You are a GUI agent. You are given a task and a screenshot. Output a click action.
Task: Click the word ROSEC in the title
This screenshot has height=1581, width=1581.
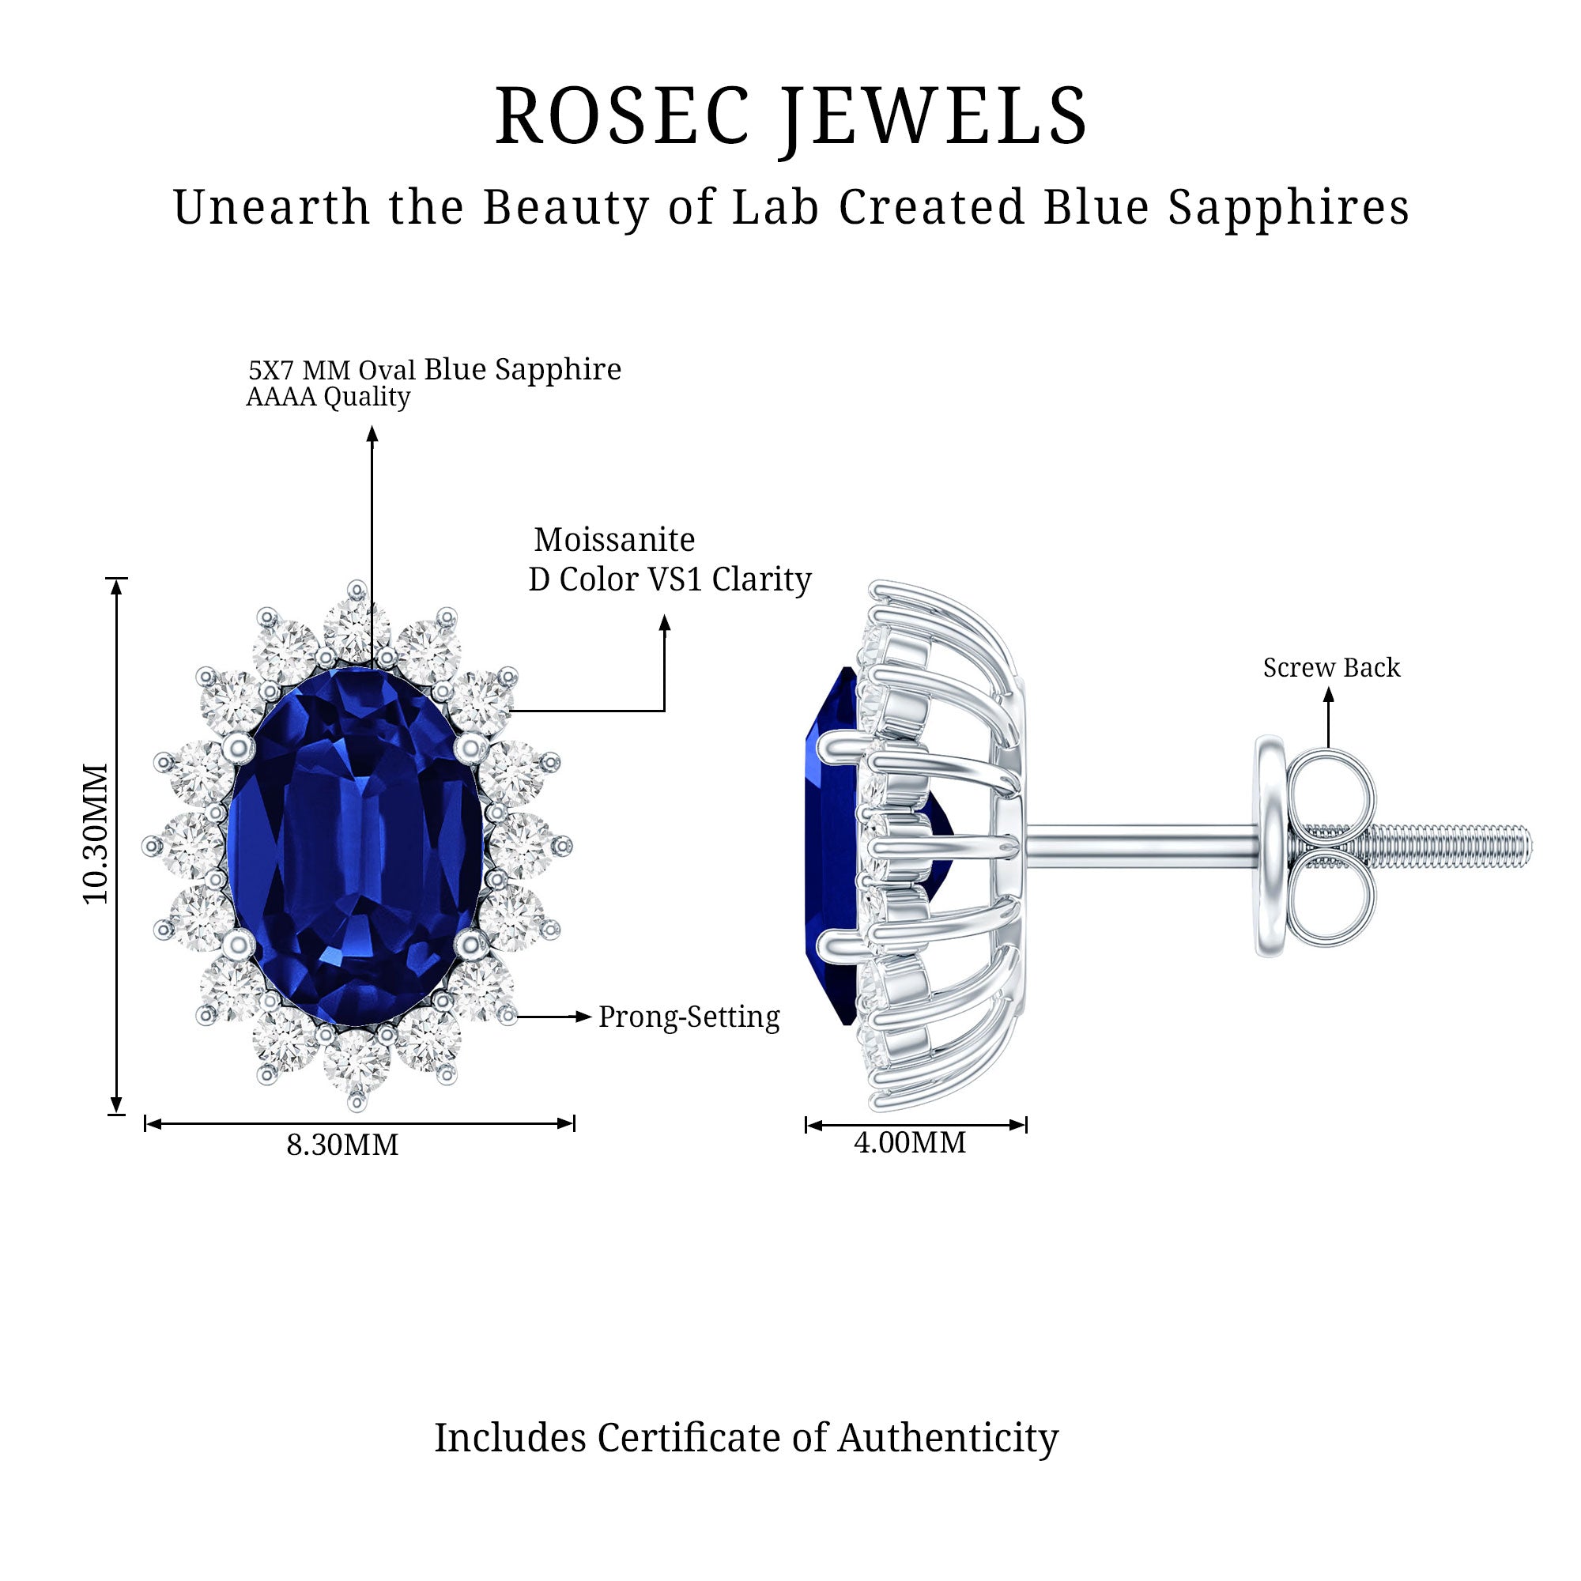tap(622, 116)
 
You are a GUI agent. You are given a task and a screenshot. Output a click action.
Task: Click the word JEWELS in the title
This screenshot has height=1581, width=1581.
tap(934, 119)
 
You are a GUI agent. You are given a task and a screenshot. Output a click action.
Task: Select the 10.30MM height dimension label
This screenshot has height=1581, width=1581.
tap(96, 834)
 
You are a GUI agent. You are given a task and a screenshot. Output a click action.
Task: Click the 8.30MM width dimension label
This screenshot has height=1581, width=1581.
tap(342, 1145)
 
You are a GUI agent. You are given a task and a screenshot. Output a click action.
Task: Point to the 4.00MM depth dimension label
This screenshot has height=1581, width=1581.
tap(909, 1142)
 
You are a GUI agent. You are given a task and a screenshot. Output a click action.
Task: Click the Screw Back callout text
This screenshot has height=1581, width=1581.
tap(1331, 668)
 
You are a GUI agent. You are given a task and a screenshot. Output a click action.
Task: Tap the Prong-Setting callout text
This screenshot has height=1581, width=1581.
tap(689, 1017)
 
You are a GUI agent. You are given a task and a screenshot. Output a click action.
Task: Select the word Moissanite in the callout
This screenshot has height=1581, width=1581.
tap(614, 540)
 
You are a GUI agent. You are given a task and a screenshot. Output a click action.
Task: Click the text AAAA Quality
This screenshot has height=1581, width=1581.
tap(328, 397)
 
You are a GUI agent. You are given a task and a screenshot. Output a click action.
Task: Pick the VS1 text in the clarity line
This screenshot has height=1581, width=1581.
tap(675, 579)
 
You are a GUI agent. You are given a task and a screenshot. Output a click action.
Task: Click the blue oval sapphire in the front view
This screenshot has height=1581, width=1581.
tap(355, 845)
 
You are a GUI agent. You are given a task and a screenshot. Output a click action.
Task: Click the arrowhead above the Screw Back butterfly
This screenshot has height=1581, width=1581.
tap(1329, 695)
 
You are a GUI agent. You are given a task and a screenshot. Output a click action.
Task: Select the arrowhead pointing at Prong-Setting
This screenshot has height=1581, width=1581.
tap(583, 1017)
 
